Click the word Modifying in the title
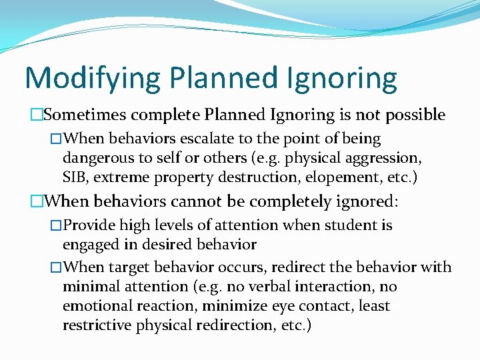93,78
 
